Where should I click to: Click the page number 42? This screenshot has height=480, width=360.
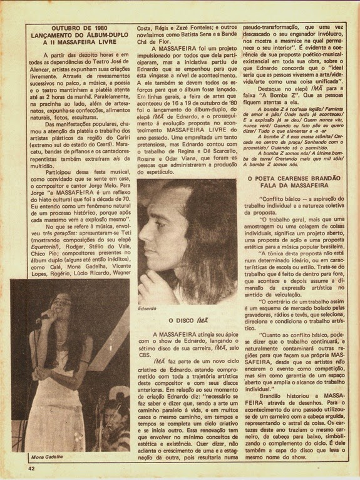pos(30,467)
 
